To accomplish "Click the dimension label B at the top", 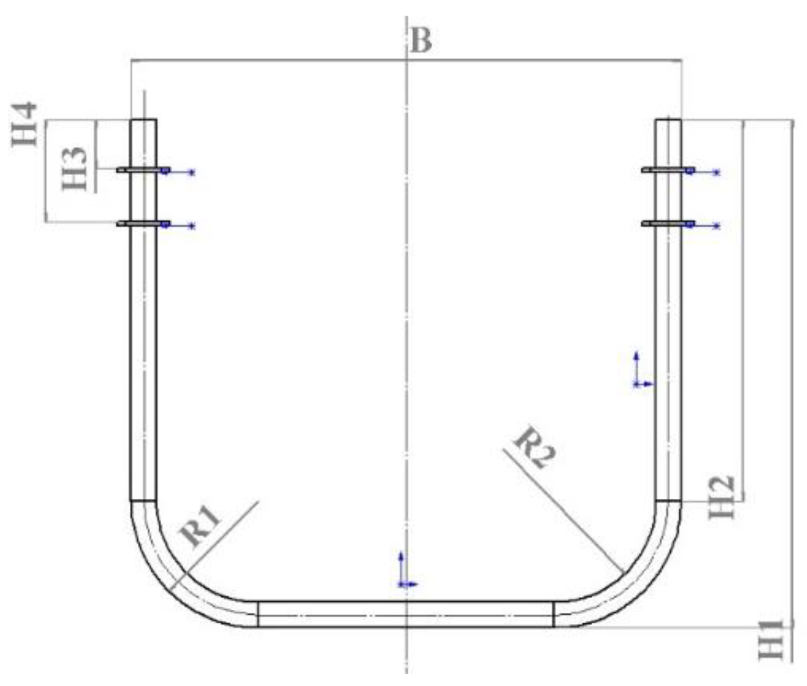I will (421, 41).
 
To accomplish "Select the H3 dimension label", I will (75, 169).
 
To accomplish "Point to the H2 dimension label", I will (721, 497).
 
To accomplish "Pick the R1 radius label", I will (201, 526).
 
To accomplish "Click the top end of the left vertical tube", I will (143, 121).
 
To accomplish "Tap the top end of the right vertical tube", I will (668, 121).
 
